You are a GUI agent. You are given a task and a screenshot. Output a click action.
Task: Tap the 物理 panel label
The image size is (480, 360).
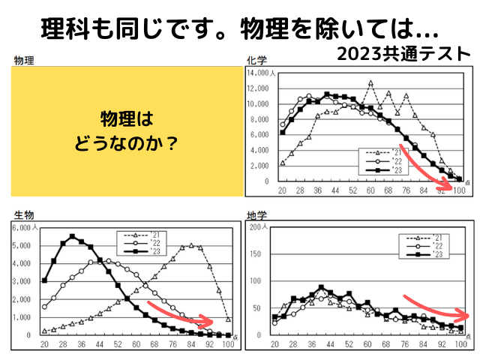[x=24, y=60]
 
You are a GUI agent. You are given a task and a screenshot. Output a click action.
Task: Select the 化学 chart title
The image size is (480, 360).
[x=257, y=60]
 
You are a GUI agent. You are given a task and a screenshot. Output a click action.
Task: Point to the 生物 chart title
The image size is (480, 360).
[x=22, y=215]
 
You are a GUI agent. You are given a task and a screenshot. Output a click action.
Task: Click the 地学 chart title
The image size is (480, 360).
[x=257, y=215]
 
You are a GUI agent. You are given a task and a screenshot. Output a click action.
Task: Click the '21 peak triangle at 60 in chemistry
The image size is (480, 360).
[x=370, y=82]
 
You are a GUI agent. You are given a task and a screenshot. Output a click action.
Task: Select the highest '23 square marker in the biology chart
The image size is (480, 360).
[x=72, y=236]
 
